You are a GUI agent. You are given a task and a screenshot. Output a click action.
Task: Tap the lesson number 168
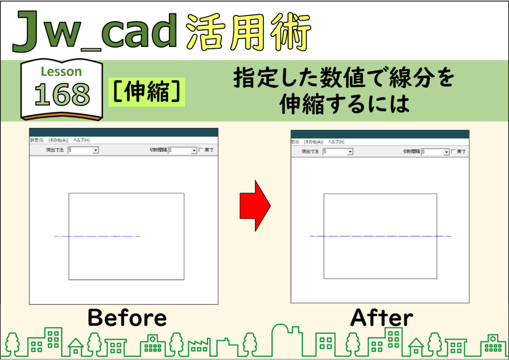(x=62, y=94)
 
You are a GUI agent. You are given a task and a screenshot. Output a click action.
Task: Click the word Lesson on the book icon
(x=61, y=72)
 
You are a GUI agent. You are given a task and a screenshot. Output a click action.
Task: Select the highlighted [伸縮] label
(x=147, y=92)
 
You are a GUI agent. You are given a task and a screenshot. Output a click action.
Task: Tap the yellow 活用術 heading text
(x=249, y=32)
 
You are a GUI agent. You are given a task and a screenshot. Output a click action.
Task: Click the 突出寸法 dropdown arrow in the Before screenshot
(x=95, y=150)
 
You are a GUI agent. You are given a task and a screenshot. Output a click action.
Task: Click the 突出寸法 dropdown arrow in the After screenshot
(x=350, y=152)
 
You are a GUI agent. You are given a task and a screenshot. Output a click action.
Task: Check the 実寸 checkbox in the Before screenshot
(x=201, y=150)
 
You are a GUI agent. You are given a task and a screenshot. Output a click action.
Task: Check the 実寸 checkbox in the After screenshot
(x=453, y=152)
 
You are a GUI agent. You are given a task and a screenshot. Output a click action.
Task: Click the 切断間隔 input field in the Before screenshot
(x=179, y=150)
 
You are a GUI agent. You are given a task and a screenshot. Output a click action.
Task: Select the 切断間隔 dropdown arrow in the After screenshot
(x=446, y=152)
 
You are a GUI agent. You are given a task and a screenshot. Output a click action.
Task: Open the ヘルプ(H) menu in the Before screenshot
(x=81, y=140)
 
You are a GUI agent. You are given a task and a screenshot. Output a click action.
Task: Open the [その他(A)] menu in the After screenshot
(x=313, y=142)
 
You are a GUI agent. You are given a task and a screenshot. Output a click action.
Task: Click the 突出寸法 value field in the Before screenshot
(x=80, y=150)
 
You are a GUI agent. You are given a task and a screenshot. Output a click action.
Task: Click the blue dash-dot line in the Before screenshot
(x=97, y=236)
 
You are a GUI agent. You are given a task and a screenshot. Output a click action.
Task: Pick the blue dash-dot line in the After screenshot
(x=380, y=236)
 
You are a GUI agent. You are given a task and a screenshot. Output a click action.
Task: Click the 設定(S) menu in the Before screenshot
(x=37, y=140)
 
